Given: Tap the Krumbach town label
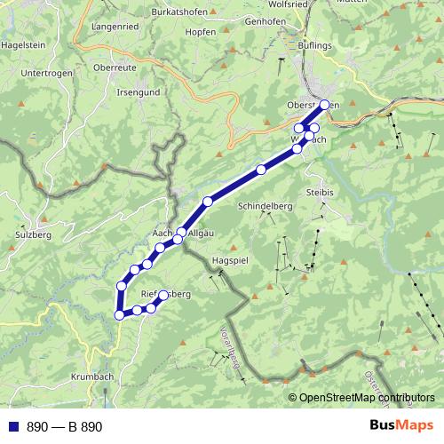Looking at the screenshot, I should pyautogui.click(x=93, y=377).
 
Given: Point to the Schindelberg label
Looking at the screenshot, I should pyautogui.click(x=266, y=206).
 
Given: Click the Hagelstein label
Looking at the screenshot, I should pyautogui.click(x=24, y=43).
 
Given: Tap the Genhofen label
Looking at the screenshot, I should pyautogui.click(x=265, y=20).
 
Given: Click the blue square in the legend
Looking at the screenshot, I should pyautogui.click(x=14, y=427).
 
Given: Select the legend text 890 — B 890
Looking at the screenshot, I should pyautogui.click(x=64, y=427).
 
